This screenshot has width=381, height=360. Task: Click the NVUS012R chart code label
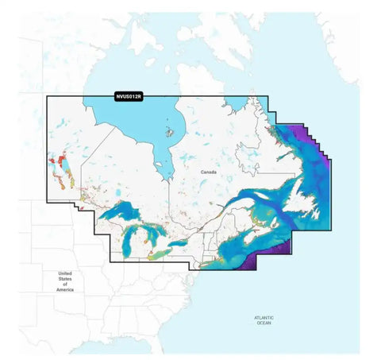coord(128,96)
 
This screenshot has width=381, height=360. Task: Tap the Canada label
coord(209,172)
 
